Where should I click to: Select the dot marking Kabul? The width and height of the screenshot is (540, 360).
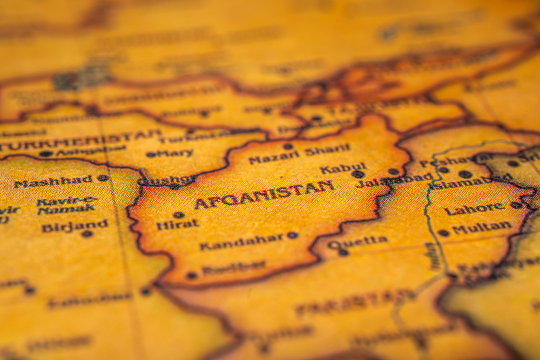coord(357,174)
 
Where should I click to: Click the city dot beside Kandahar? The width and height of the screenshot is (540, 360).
coord(292,235)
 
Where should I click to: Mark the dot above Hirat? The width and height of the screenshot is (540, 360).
coord(179,215)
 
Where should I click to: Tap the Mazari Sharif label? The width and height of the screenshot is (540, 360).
coord(299,154)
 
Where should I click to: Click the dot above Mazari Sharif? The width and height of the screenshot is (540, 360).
coord(288,146)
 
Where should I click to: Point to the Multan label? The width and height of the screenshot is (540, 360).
coord(481,228)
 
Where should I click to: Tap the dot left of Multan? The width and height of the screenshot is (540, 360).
coord(443,233)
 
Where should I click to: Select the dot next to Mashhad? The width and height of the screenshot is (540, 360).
coord(102,178)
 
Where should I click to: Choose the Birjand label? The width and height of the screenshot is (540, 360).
coord(75,225)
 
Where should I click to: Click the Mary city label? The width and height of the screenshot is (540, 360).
coord(176,153)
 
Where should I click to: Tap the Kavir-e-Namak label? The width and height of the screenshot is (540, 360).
coord(65,205)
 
